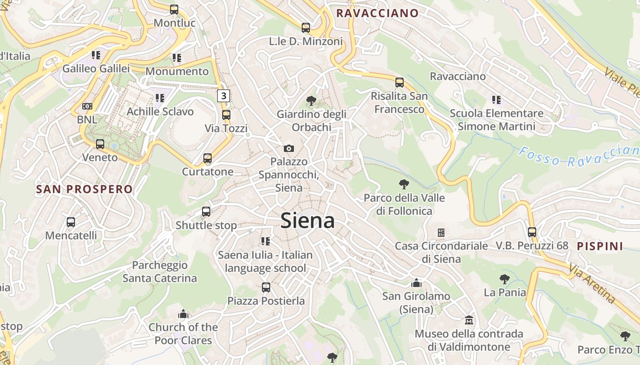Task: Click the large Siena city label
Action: [307, 221]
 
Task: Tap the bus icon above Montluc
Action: [174, 9]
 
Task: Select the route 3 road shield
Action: [223, 96]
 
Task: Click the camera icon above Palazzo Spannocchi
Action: [288, 148]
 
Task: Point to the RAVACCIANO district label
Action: [377, 13]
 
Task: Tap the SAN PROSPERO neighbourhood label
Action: [84, 189]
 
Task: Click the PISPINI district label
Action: [600, 246]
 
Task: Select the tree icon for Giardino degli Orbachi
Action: [311, 100]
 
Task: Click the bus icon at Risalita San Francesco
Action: [400, 83]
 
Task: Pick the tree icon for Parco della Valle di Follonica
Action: [404, 184]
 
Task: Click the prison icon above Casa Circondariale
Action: [441, 233]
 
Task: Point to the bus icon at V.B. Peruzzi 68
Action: [532, 232]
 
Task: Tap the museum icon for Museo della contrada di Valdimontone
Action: [469, 320]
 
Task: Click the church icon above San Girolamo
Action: [416, 283]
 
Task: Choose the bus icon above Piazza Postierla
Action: [266, 287]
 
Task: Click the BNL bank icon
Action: [87, 106]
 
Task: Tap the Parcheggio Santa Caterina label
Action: [160, 271]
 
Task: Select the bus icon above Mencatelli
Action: [71, 222]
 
